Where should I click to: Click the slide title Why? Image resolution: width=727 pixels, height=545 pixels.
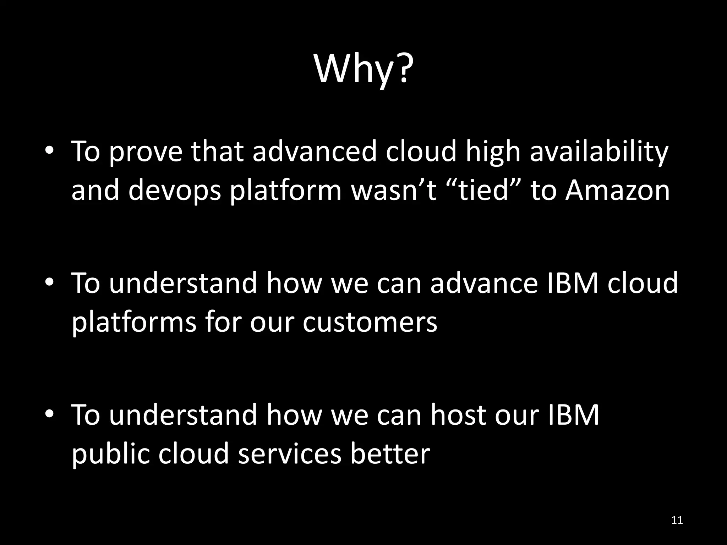coord(363,69)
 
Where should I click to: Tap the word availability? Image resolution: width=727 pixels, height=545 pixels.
coord(599,152)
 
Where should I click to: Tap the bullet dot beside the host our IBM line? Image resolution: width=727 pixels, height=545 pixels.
coord(49,414)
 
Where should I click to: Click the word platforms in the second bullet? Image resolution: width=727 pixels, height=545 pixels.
coord(134,322)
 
